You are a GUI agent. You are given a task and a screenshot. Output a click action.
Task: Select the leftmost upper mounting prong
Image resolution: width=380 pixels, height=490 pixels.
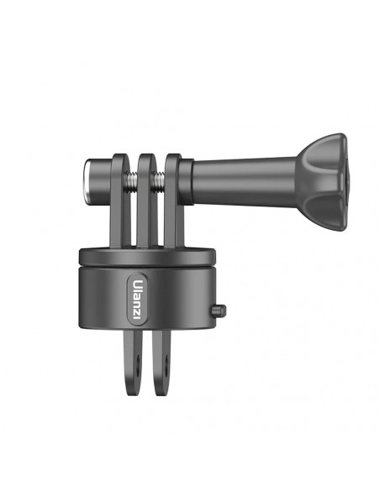(x=120, y=200)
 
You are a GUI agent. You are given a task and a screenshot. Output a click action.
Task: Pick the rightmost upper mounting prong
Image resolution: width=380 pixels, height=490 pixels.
(x=174, y=200)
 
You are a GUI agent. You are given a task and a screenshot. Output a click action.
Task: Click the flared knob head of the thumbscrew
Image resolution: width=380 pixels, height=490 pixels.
(x=322, y=182)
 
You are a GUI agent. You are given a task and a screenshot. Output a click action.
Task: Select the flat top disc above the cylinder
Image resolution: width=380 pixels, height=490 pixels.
(x=147, y=257)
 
